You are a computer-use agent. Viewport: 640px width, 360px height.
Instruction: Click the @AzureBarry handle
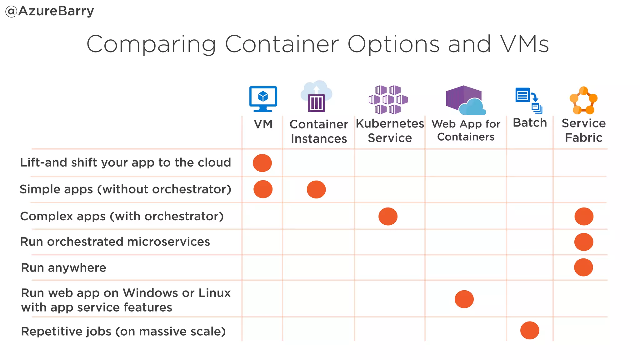tap(50, 11)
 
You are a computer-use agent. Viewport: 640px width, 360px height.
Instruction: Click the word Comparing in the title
tap(151, 44)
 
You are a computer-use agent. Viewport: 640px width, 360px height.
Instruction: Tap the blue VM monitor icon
tap(263, 98)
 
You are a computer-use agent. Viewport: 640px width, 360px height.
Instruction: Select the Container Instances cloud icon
tap(316, 96)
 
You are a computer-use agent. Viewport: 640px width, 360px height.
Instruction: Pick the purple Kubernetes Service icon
tap(388, 99)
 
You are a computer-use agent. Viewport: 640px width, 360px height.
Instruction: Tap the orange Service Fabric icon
tap(583, 101)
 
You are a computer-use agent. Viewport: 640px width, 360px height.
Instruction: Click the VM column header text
tap(263, 124)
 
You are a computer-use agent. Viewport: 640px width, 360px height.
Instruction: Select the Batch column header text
tap(530, 123)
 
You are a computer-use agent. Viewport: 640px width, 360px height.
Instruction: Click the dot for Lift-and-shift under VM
tap(262, 163)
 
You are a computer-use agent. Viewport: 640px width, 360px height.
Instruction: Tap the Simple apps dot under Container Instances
tap(316, 189)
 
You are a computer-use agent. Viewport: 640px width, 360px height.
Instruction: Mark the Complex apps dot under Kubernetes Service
tap(388, 216)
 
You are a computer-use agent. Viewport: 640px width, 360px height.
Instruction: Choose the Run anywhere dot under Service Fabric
tap(583, 267)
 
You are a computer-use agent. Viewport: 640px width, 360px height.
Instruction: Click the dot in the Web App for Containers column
tap(464, 299)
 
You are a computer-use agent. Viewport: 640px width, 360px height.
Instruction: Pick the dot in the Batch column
tap(530, 330)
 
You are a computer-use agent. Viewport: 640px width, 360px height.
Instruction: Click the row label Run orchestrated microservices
tap(115, 242)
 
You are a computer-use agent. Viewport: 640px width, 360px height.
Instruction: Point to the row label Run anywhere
tap(64, 268)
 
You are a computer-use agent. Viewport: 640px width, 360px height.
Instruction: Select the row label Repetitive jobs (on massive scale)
tap(123, 332)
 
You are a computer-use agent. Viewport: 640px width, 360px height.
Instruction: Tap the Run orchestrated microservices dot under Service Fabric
tap(584, 242)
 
